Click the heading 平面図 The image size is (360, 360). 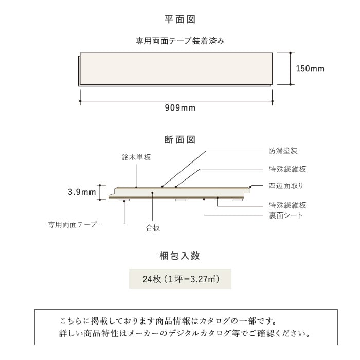(180, 20)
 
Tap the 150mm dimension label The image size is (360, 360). (310, 68)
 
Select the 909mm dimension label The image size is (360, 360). (180, 107)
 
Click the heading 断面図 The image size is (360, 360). (180, 139)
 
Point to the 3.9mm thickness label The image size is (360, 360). (82, 192)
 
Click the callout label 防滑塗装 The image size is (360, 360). (283, 151)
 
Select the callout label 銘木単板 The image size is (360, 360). (136, 157)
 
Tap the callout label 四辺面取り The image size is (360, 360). (286, 186)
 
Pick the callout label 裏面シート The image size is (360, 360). (286, 215)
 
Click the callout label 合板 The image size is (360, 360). (153, 228)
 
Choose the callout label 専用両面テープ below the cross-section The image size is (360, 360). (73, 224)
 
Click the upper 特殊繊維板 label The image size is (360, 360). (287, 169)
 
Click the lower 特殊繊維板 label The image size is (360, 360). (287, 205)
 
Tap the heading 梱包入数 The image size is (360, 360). (180, 256)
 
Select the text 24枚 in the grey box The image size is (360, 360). (152, 279)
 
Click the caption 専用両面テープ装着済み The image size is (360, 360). (180, 41)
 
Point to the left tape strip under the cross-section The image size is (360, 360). (124, 200)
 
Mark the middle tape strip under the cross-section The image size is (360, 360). (181, 200)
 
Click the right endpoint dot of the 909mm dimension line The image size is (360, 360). (272, 101)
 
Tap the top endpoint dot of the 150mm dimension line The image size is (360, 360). (291, 53)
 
